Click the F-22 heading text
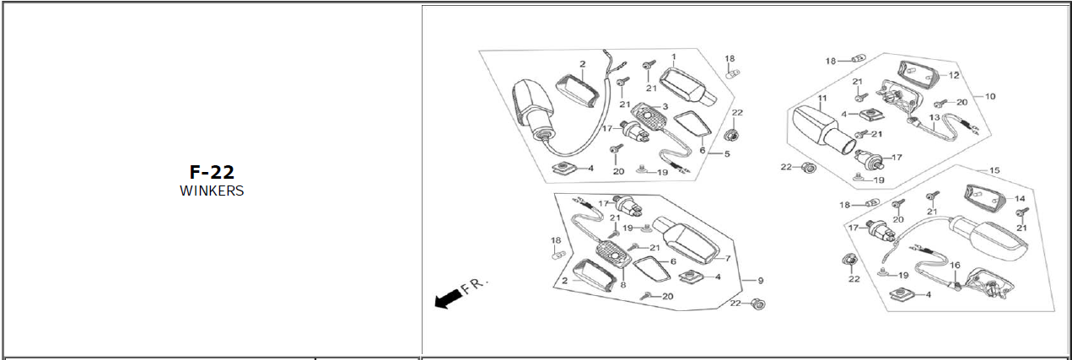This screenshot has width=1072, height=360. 211,173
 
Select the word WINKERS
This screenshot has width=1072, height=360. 211,191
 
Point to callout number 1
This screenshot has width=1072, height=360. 674,57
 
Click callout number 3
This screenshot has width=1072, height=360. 665,106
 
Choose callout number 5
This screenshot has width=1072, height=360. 726,154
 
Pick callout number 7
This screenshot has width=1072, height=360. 727,258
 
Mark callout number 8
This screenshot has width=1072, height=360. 623,284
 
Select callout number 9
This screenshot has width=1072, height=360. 760,280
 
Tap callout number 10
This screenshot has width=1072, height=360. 989,96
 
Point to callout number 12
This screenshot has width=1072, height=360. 954,75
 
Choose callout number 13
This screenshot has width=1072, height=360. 934,118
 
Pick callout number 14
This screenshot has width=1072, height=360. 1020,199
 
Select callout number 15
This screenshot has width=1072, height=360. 994,170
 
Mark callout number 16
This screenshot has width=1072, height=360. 955,266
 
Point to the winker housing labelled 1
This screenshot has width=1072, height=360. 687,86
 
